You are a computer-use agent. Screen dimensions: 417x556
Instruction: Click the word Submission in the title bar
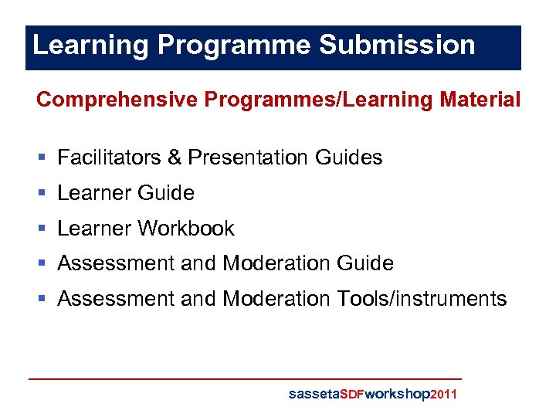397,45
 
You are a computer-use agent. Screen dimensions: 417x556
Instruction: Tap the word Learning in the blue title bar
91,45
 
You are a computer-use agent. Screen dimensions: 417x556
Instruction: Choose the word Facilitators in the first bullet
110,158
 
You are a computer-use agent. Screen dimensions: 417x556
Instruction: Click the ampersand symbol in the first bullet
174,158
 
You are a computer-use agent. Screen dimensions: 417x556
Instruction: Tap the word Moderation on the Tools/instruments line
276,299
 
